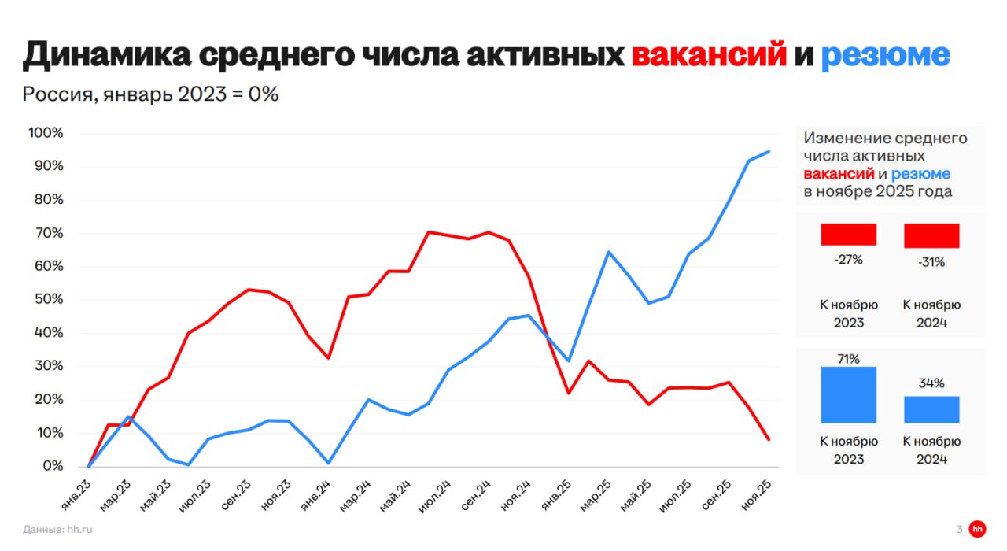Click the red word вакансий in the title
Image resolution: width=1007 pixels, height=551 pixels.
coord(709,54)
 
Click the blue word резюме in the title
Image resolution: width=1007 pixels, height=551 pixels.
coord(885,54)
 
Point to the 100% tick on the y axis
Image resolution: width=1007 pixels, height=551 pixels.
coord(45,132)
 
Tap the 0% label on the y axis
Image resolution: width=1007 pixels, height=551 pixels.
coord(52,466)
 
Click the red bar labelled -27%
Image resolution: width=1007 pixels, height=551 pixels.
coord(849,235)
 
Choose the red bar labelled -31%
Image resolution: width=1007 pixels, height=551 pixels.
coord(931,235)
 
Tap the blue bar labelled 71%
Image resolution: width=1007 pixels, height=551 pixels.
coord(849,395)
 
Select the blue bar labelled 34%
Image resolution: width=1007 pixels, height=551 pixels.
coord(931,409)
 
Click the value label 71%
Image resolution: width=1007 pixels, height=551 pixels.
coord(849,359)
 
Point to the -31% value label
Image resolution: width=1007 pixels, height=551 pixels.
coord(931,262)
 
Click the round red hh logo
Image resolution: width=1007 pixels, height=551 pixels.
coord(978,529)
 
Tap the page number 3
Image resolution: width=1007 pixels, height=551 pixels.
coord(959,530)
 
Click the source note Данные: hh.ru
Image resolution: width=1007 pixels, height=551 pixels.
coord(58,530)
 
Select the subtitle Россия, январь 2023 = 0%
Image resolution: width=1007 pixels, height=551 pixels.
coord(150,94)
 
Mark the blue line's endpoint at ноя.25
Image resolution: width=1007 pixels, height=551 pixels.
coord(769,151)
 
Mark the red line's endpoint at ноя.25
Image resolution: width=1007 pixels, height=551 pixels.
coord(769,439)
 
